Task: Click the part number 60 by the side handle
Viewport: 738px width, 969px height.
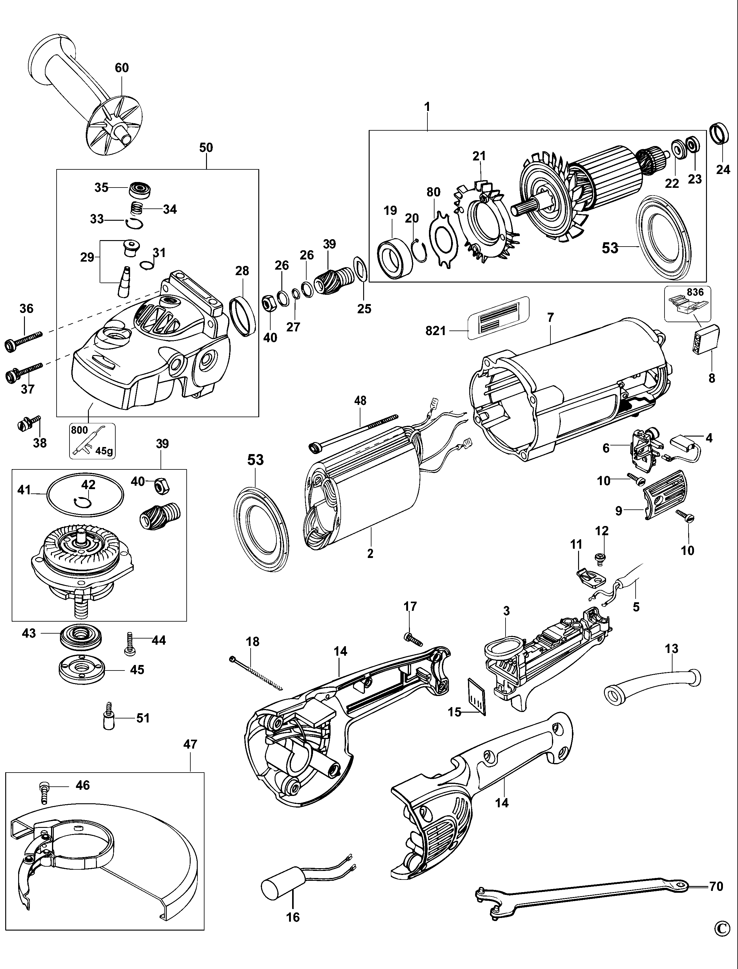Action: (122, 68)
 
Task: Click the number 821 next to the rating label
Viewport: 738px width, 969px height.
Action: (435, 330)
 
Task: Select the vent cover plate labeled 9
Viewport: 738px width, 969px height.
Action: (663, 495)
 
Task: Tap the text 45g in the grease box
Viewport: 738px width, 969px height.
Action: (104, 451)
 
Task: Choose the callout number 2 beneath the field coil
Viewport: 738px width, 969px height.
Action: (370, 553)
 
